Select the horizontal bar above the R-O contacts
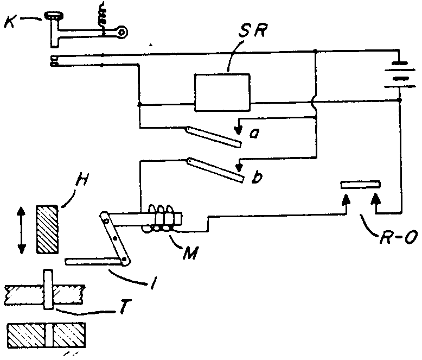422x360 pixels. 360,185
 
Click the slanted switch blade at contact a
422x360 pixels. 213,136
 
